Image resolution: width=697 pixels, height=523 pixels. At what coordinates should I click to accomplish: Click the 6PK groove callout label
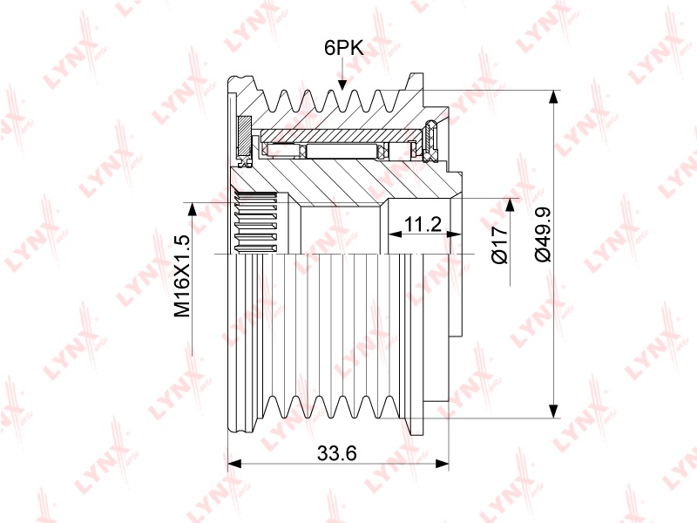coord(343,48)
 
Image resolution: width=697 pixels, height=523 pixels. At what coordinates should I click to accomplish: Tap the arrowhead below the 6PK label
coord(342,85)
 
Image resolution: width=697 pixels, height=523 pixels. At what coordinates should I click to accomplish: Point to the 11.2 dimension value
coord(423,225)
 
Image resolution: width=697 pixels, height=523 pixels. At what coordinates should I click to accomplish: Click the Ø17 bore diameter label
coord(500,245)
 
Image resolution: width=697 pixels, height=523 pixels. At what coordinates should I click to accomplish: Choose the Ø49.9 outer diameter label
coord(543,234)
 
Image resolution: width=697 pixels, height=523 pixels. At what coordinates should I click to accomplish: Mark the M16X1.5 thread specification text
coord(182,275)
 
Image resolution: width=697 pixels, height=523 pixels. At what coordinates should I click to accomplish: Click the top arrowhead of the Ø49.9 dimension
coord(553,98)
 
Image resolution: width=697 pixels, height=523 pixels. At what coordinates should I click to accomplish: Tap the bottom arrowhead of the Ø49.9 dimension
coord(553,411)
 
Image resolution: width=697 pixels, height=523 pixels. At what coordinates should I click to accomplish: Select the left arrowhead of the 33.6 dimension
coord(234,464)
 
